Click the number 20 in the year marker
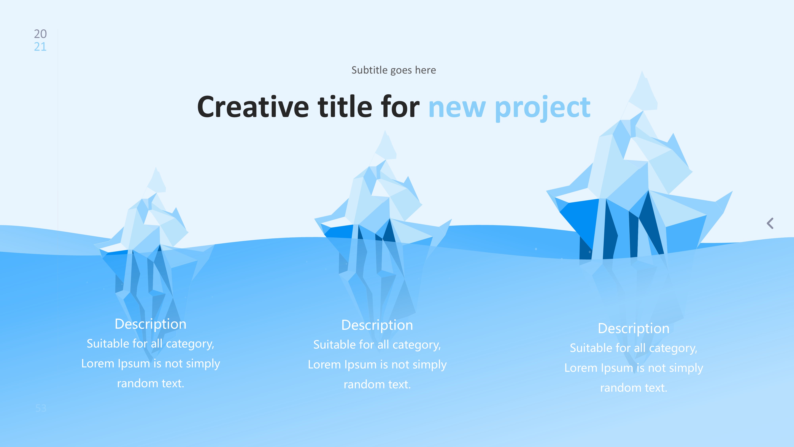(x=40, y=34)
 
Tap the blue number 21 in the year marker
(x=40, y=46)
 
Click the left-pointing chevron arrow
(x=770, y=223)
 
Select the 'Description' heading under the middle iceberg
(x=377, y=325)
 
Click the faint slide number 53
(x=41, y=408)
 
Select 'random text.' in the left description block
(x=151, y=383)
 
